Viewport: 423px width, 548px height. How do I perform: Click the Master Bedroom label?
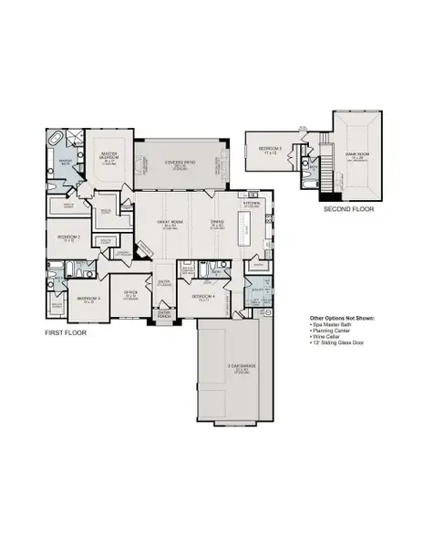110,156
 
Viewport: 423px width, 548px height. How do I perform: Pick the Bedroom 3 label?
88,299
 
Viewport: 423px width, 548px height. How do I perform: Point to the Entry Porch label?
166,313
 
